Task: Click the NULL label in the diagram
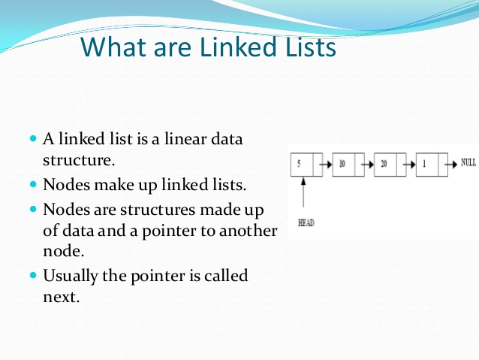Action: [468, 162]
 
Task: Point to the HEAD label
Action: [306, 222]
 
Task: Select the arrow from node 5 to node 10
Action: [328, 164]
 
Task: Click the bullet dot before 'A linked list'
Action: [32, 139]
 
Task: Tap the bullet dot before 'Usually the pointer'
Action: [32, 275]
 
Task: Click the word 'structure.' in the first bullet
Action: [78, 160]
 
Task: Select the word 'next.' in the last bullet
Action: [61, 296]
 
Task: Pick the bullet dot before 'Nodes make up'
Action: [32, 183]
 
